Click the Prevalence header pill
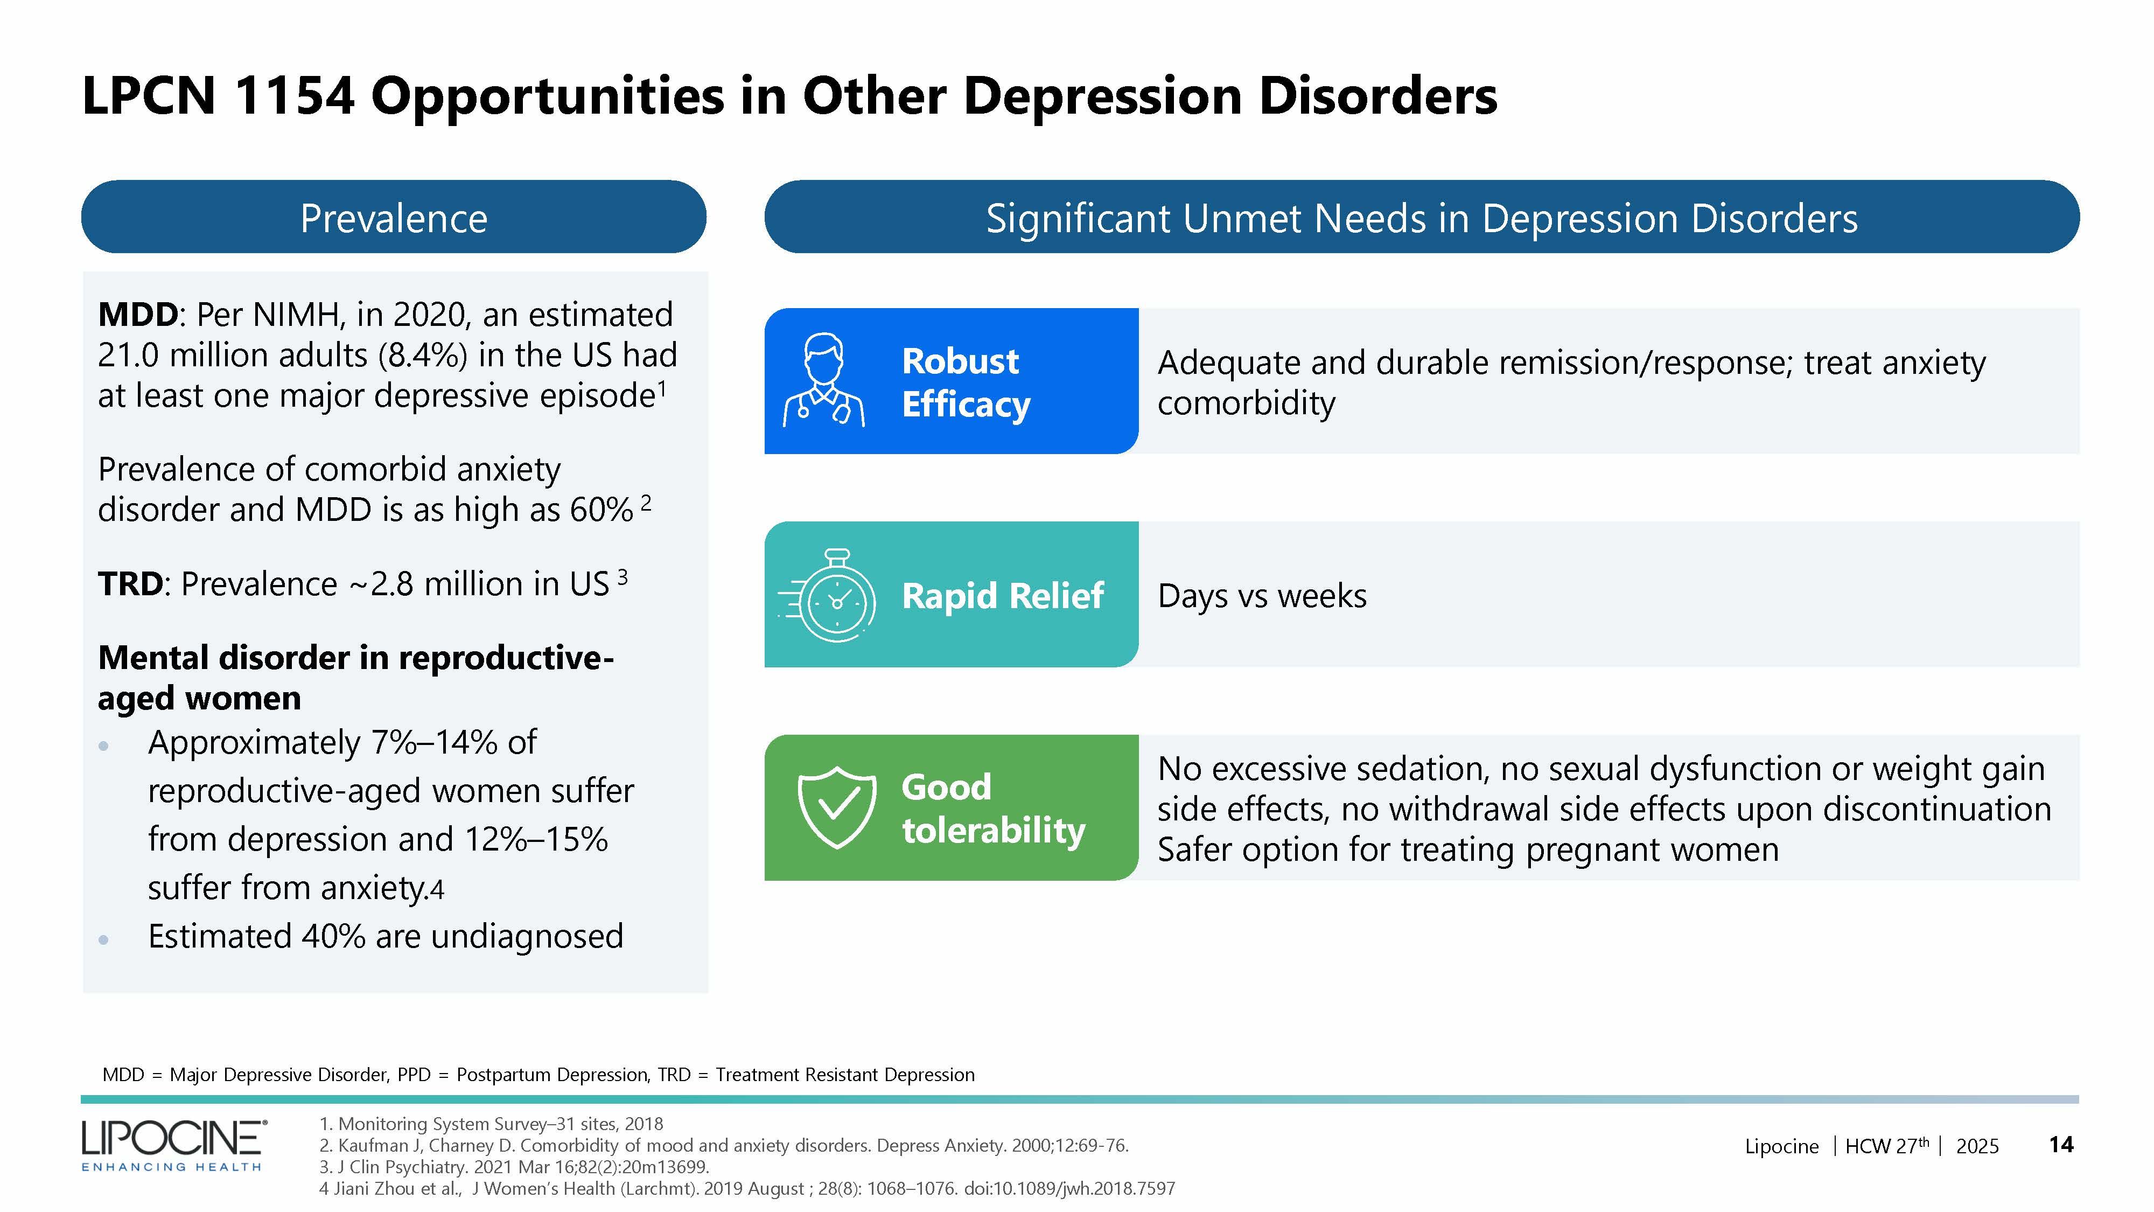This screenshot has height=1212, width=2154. pyautogui.click(x=393, y=218)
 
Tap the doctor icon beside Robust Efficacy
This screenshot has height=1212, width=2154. pyautogui.click(x=824, y=381)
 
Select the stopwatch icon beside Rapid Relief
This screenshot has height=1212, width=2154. pyautogui.click(x=832, y=596)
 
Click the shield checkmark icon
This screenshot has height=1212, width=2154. pyautogui.click(x=836, y=807)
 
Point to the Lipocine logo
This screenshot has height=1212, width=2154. pyautogui.click(x=174, y=1144)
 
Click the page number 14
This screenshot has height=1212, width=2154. pyautogui.click(x=2060, y=1144)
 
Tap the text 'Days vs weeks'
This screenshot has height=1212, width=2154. pyautogui.click(x=1262, y=596)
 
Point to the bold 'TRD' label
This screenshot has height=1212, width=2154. pyautogui.click(x=130, y=584)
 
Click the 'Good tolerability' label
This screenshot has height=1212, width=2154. pyautogui.click(x=992, y=808)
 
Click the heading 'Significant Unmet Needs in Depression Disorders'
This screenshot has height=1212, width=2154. pyautogui.click(x=1422, y=218)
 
